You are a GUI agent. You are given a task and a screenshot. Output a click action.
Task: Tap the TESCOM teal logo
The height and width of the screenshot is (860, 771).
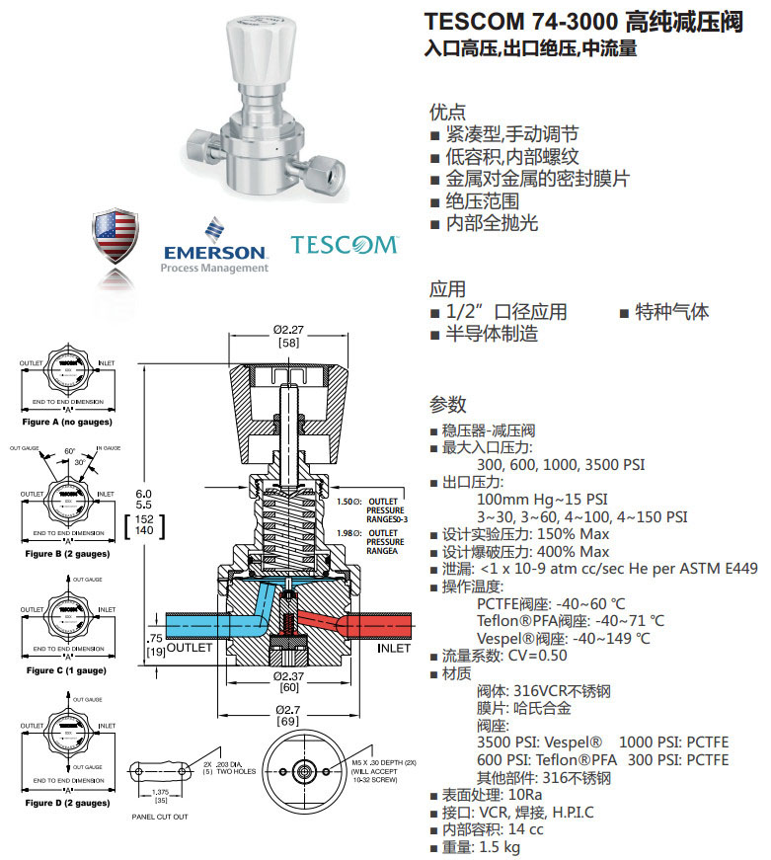(344, 244)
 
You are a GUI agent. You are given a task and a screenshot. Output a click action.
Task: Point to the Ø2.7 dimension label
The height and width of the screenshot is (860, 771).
(288, 710)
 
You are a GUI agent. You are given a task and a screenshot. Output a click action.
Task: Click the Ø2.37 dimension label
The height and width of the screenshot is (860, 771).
(288, 677)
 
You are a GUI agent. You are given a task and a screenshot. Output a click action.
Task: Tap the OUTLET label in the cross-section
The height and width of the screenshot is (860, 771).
(190, 649)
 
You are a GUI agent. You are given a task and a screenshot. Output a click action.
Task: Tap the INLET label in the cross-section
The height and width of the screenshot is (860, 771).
(395, 649)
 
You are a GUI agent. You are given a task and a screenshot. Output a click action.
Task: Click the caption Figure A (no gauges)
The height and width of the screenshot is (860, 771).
(67, 422)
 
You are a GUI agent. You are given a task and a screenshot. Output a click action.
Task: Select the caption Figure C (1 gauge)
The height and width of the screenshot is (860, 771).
(67, 670)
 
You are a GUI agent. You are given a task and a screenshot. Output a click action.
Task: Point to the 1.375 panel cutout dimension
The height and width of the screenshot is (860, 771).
(161, 792)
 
